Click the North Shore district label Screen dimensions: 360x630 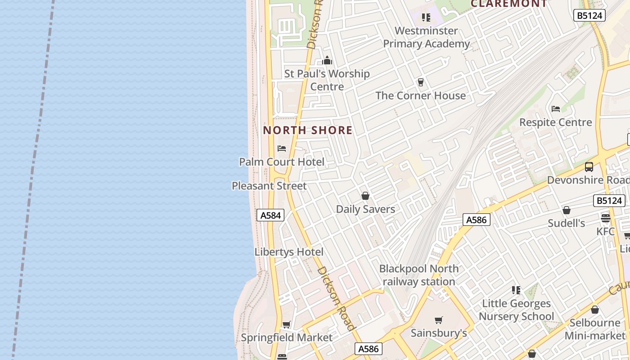tap(308, 130)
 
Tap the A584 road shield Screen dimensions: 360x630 tap(271, 216)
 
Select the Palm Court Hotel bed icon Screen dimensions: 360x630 tap(282, 148)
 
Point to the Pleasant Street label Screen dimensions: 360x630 tap(269, 186)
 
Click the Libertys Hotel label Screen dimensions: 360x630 tap(289, 252)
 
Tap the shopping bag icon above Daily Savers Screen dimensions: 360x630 tap(365, 196)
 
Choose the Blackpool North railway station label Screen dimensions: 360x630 tap(419, 275)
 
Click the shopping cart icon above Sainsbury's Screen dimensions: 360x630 tap(439, 320)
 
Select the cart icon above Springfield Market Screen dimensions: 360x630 tap(286, 324)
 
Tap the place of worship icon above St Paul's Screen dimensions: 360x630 tap(327, 60)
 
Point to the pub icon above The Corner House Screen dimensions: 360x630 tap(421, 82)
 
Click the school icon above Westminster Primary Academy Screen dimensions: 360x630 tap(426, 18)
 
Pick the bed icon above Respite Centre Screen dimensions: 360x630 tap(556, 109)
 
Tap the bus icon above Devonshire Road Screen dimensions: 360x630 tap(589, 167)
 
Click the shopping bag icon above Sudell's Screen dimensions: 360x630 tap(567, 210)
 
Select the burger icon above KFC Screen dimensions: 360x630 tap(605, 218)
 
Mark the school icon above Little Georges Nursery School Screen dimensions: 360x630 tap(516, 290)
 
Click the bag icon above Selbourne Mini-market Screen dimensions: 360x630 tap(595, 310)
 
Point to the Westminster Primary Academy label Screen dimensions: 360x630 tap(426, 37)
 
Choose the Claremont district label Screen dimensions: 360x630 tap(509, 4)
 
